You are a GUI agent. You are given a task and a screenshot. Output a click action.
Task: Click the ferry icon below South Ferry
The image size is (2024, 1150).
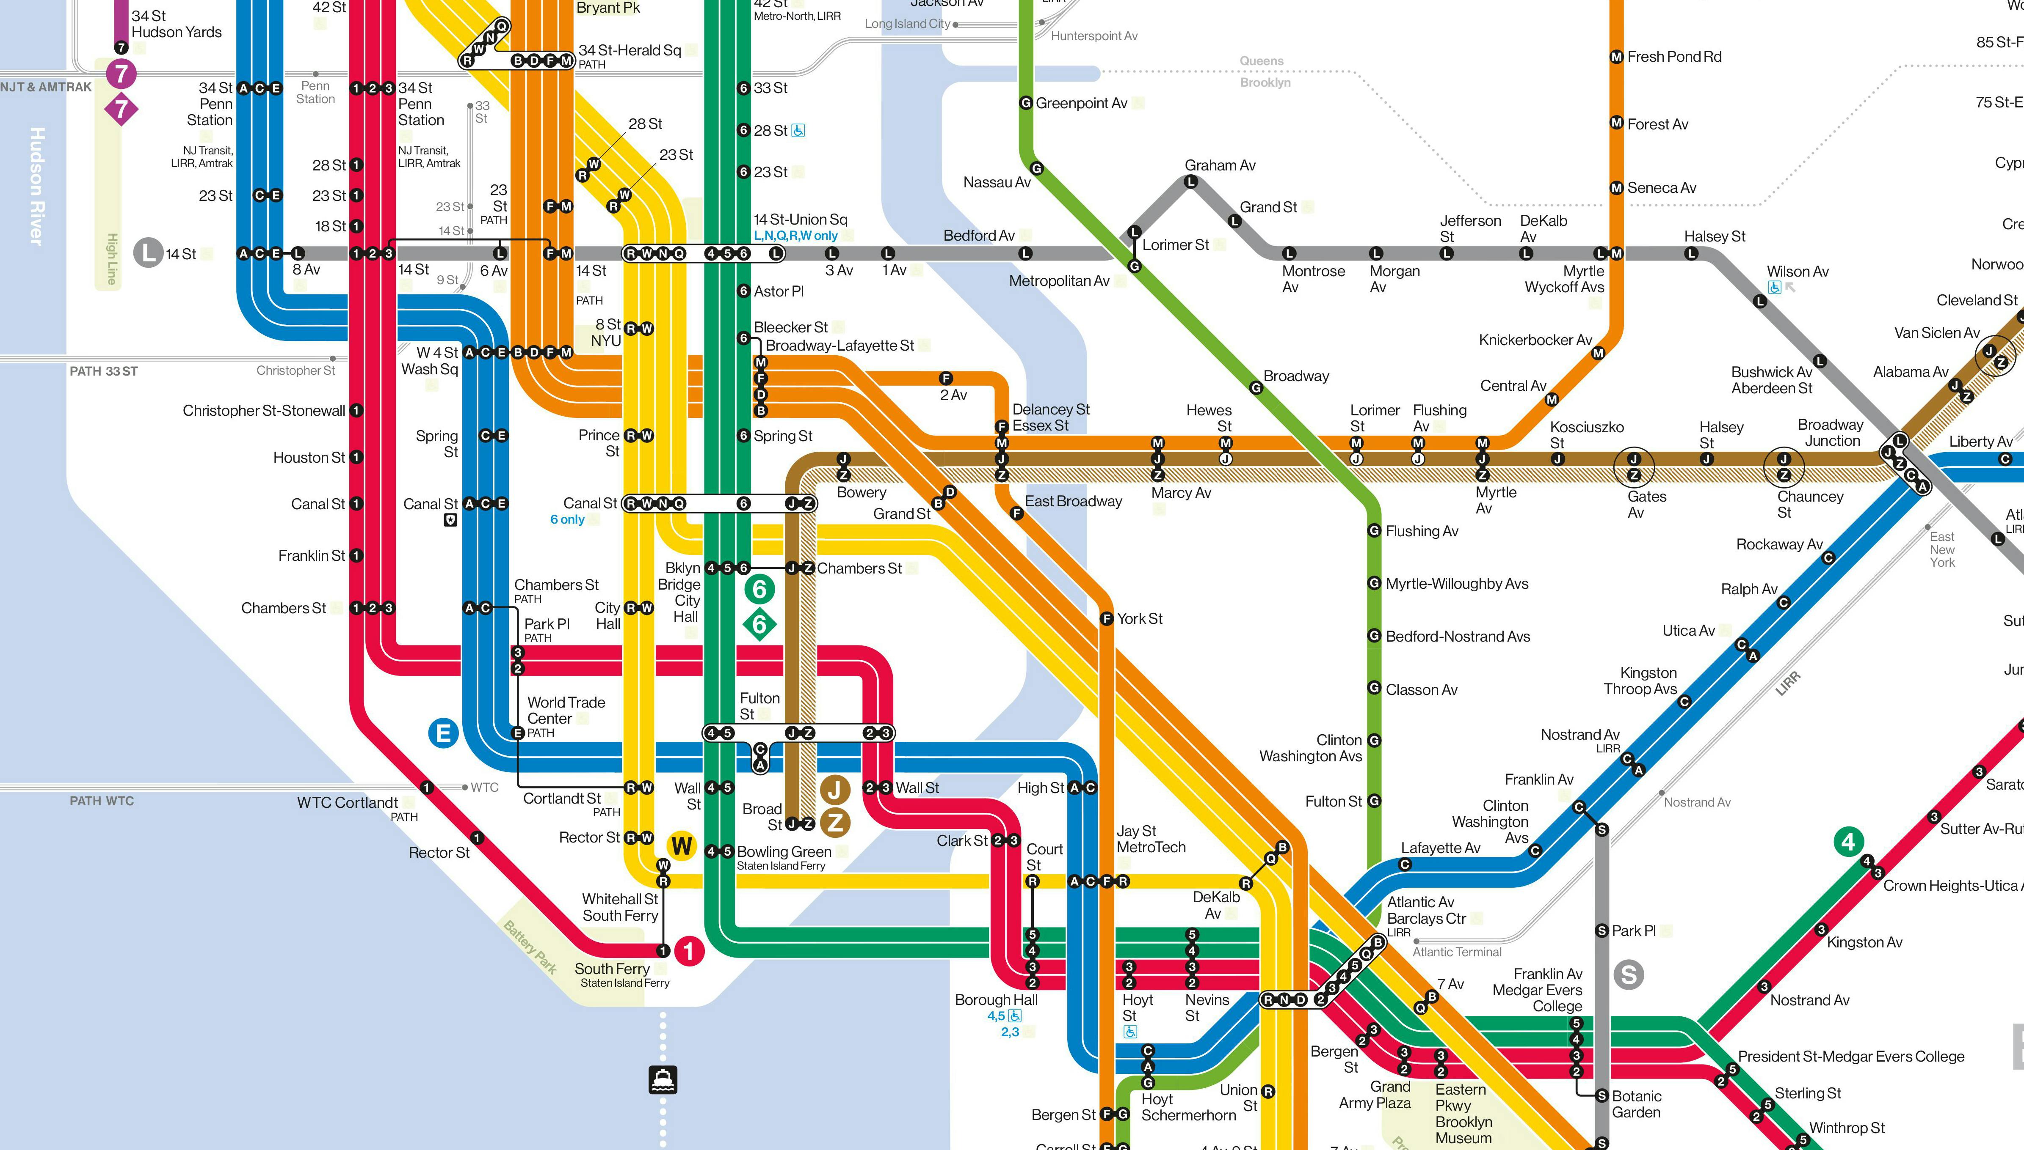[x=662, y=1079]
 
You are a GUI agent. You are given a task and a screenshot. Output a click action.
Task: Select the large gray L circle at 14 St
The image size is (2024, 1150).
[x=148, y=253]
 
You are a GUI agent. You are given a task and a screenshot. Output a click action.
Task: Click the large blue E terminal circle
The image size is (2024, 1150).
[x=443, y=733]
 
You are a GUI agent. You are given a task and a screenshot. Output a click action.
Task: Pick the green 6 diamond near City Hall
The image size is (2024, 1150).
[x=759, y=624]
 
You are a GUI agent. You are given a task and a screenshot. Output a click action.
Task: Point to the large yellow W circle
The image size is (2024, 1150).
[x=681, y=846]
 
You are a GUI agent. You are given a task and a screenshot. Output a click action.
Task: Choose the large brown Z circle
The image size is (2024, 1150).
[x=834, y=822]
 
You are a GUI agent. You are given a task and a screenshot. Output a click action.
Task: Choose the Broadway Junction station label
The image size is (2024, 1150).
[x=1831, y=433]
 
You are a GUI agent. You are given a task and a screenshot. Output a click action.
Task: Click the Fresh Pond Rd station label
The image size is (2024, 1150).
[x=1674, y=57]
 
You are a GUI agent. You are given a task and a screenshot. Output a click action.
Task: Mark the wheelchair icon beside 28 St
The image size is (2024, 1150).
[x=798, y=130]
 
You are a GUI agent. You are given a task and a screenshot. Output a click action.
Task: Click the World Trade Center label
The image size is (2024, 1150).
[x=566, y=710]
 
